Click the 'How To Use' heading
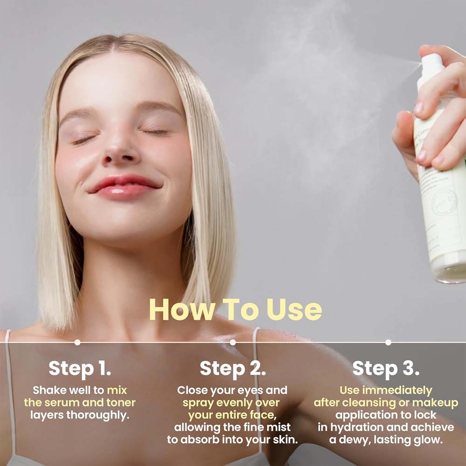pos(235,310)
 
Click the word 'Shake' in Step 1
pos(49,390)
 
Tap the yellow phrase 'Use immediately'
pos(385,390)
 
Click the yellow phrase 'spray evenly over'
pos(231,403)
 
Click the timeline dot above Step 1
pos(77,342)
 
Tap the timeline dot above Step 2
pos(233,342)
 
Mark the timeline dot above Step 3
pos(388,342)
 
